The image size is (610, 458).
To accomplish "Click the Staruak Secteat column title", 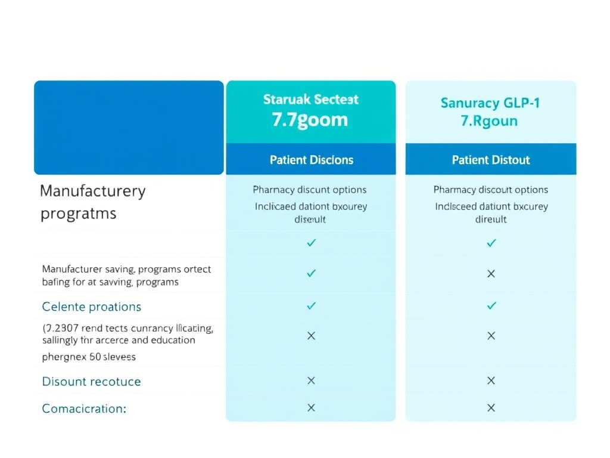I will click(310, 99).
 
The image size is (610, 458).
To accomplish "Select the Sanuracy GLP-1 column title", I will click(490, 103).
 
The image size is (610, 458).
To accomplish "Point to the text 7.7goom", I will click(310, 120).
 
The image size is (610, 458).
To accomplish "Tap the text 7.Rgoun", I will click(489, 121).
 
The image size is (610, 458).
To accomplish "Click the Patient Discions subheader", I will click(311, 160).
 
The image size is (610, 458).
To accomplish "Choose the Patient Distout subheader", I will click(491, 160).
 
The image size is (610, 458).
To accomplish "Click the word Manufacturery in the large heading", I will click(92, 191).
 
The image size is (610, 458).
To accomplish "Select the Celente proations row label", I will click(92, 307).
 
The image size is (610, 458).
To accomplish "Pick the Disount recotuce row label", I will click(92, 382).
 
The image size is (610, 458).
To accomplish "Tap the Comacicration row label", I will click(84, 409).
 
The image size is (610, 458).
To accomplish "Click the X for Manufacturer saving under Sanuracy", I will click(491, 274).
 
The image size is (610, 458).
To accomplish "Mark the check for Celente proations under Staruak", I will click(311, 305).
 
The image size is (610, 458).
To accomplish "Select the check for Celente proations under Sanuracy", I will click(491, 305).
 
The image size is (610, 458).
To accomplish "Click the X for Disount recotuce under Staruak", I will click(311, 380).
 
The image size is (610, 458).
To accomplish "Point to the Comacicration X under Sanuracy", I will click(491, 408).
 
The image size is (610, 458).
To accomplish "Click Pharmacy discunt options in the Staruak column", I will click(310, 190).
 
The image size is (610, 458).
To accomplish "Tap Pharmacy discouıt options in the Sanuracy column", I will click(491, 190).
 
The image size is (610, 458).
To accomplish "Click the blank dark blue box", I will click(129, 128).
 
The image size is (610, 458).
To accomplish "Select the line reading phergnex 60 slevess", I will click(89, 357).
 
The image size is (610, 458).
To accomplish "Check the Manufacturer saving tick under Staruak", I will click(311, 273).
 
